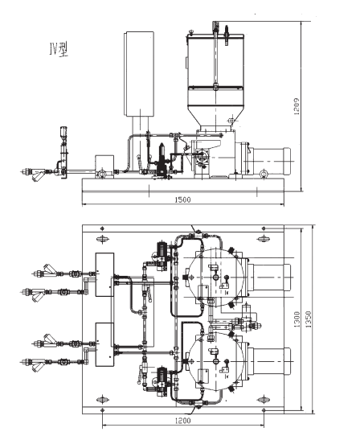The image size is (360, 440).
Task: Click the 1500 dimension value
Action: point(182,199)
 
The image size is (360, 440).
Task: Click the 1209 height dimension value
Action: point(296,106)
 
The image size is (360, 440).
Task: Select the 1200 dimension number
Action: point(182,421)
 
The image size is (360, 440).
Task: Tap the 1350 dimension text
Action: point(308,319)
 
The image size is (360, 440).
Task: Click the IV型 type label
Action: point(59,50)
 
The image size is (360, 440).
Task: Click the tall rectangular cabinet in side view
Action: point(139,74)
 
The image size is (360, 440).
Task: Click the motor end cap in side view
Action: point(287,161)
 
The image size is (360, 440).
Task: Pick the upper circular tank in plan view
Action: point(215,278)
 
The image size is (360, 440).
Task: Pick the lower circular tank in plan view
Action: point(215,361)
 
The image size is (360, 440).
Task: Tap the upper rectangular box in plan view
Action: point(104,274)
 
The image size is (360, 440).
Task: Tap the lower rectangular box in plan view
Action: point(104,344)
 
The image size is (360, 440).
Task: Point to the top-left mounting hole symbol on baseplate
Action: point(103,239)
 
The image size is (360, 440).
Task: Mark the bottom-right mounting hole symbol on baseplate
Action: point(264,399)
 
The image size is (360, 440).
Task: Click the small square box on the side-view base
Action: point(104,166)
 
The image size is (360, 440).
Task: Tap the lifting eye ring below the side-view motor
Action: point(263,175)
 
